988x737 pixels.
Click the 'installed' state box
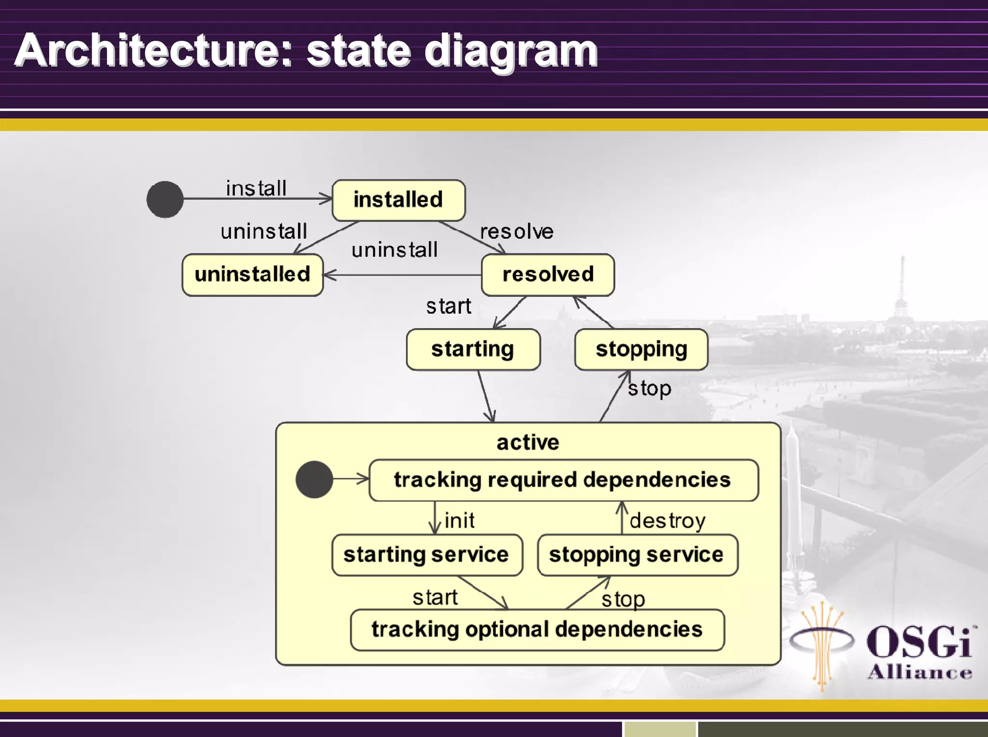(398, 200)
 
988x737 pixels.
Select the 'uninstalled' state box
(252, 274)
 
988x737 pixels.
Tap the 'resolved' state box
(548, 274)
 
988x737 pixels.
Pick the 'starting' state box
(473, 349)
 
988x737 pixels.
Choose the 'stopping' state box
(641, 349)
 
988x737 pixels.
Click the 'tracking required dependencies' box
(563, 480)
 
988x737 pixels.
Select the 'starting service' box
(426, 555)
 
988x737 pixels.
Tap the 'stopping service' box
(637, 555)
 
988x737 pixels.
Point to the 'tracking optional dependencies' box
(537, 629)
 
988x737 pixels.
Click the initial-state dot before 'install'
(165, 199)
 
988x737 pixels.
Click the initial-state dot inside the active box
(314, 479)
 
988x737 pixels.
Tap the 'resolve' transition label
(517, 232)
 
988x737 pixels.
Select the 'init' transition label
(459, 520)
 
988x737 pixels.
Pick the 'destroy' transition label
(667, 521)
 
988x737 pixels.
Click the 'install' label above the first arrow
(256, 188)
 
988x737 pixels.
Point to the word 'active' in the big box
(528, 442)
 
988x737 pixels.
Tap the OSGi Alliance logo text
(919, 651)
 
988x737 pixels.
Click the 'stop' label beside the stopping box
(649, 388)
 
